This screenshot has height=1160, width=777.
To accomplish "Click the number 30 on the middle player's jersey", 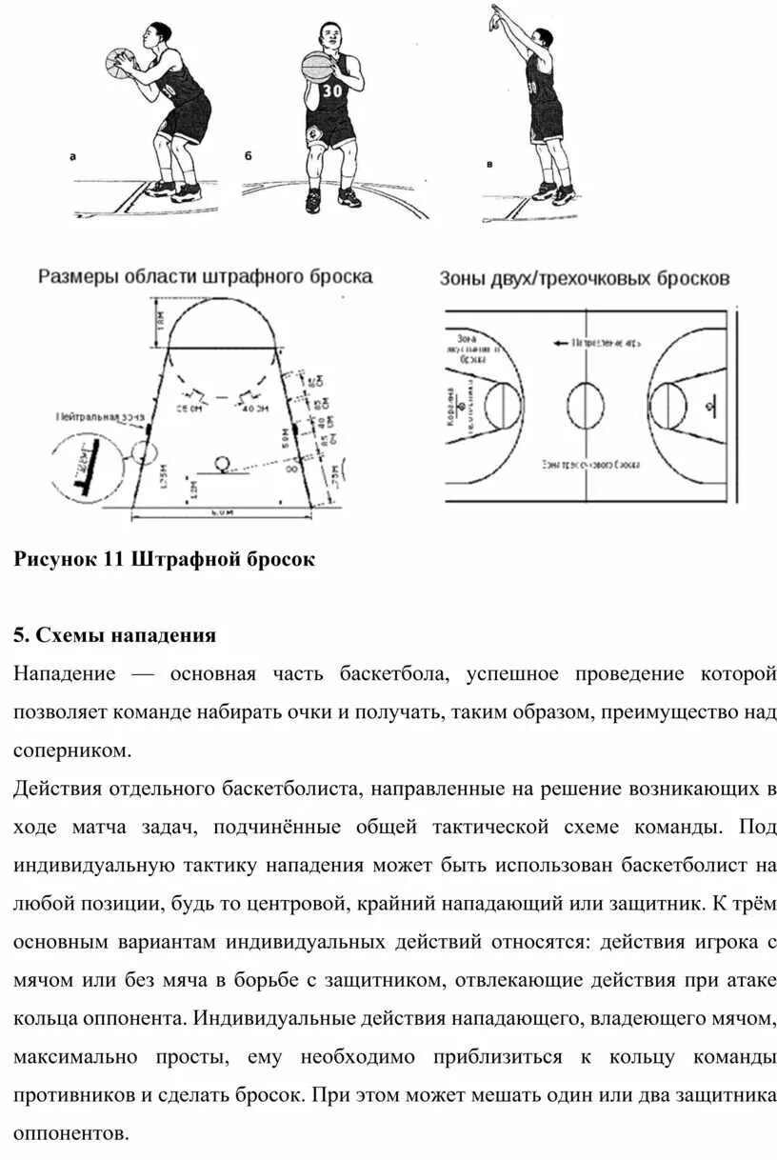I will pyautogui.click(x=331, y=91).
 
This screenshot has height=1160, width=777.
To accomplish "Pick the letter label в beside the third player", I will pyautogui.click(x=489, y=164).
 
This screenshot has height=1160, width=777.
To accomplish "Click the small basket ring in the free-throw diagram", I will pyautogui.click(x=224, y=464).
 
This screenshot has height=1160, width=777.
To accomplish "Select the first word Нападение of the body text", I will pyautogui.click(x=65, y=674).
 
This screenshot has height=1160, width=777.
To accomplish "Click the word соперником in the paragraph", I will pyautogui.click(x=70, y=750).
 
